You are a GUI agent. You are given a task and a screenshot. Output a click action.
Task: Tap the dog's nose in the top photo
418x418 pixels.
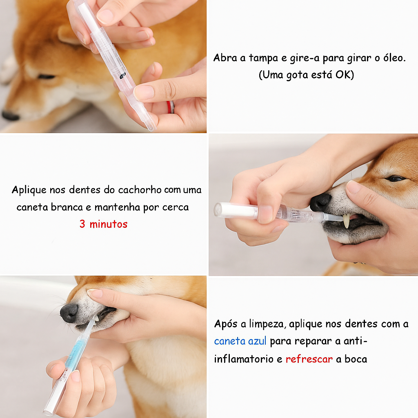tap(10, 116)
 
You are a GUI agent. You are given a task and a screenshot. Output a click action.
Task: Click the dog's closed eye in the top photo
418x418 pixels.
tap(47, 77)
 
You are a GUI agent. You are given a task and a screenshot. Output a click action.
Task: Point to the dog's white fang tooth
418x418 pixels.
tap(346, 221)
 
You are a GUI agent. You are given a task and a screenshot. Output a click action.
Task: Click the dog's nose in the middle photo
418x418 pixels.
tap(320, 202)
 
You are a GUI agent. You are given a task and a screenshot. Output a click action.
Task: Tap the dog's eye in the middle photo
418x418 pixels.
tap(396, 178)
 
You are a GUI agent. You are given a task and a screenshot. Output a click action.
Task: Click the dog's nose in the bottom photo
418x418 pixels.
tap(69, 313)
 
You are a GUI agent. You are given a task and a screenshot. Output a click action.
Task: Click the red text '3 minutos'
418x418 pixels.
tap(103, 224)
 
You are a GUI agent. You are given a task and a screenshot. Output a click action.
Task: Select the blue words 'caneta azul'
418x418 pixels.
tap(240, 341)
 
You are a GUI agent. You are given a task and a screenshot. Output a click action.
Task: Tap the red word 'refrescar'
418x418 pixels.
tap(309, 359)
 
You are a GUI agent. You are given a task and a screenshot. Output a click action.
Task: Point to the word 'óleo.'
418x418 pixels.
tap(394, 58)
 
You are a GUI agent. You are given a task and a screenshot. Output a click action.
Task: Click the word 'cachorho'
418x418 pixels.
tap(140, 190)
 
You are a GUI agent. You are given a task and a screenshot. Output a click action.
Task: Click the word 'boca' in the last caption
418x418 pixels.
tap(356, 359)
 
